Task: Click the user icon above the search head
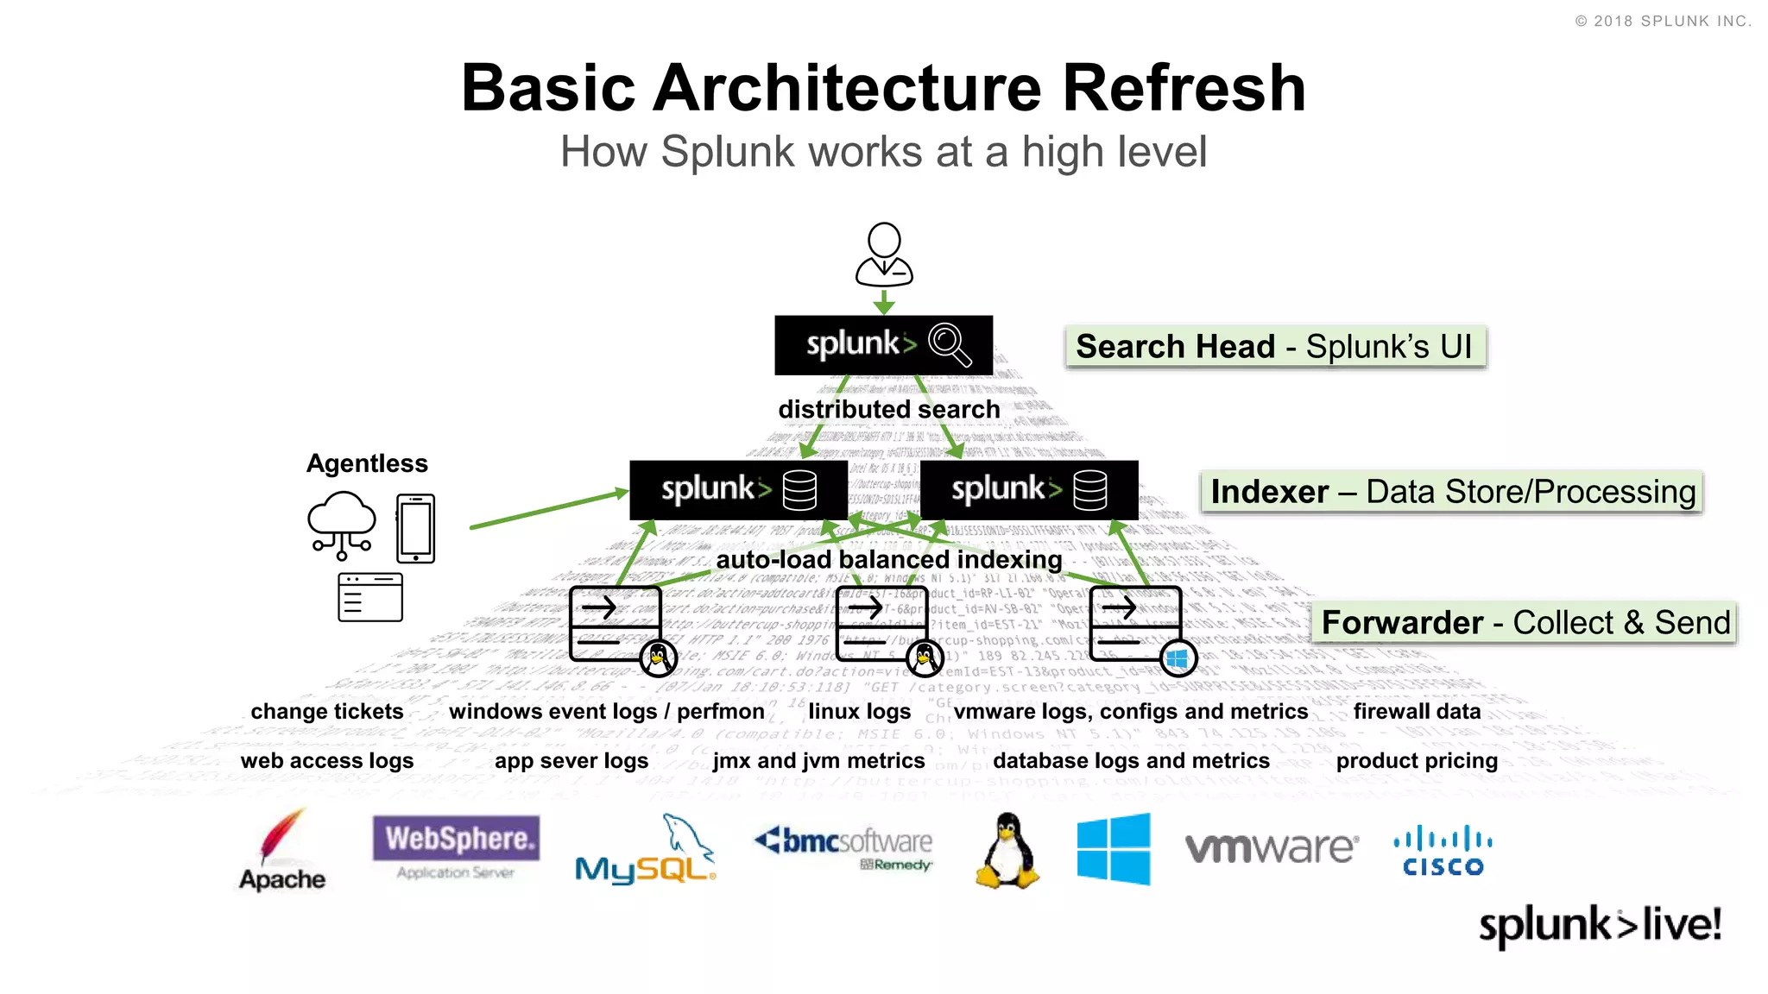coord(884,255)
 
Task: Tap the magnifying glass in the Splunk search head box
coord(950,344)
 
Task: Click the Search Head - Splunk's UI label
coord(1275,347)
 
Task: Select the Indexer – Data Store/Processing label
coord(1451,492)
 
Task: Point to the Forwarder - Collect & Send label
coord(1525,623)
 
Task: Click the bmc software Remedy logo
coord(843,847)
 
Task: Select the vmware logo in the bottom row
coord(1271,848)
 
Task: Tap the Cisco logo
coord(1443,851)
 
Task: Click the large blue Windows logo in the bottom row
coord(1114,848)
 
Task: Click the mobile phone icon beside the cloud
coord(415,528)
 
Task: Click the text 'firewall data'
coord(1417,712)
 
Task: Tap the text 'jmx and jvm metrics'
coord(818,761)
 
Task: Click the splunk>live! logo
coord(1600,925)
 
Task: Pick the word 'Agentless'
coord(367,463)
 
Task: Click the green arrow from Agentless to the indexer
coord(549,509)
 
